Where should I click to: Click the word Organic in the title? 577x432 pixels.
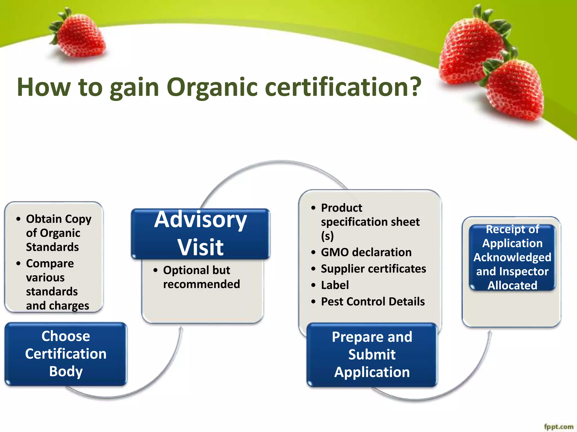coord(212,87)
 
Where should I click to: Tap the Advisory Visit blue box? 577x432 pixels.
coord(201,233)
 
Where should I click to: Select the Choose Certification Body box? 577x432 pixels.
coord(66,354)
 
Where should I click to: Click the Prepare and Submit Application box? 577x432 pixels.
coord(372,354)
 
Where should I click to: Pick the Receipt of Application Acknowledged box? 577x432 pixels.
coord(512,257)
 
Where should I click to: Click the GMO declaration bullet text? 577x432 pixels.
coord(366,252)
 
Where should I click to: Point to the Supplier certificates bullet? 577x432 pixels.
coord(373,269)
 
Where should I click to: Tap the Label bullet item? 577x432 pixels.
coord(335,285)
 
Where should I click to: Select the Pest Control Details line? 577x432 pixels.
coord(373,301)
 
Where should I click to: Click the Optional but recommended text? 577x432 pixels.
coord(201,277)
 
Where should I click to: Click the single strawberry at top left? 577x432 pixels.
coord(80,38)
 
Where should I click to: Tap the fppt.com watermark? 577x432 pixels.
coord(558,427)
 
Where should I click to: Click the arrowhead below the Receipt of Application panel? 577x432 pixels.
coord(490,332)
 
